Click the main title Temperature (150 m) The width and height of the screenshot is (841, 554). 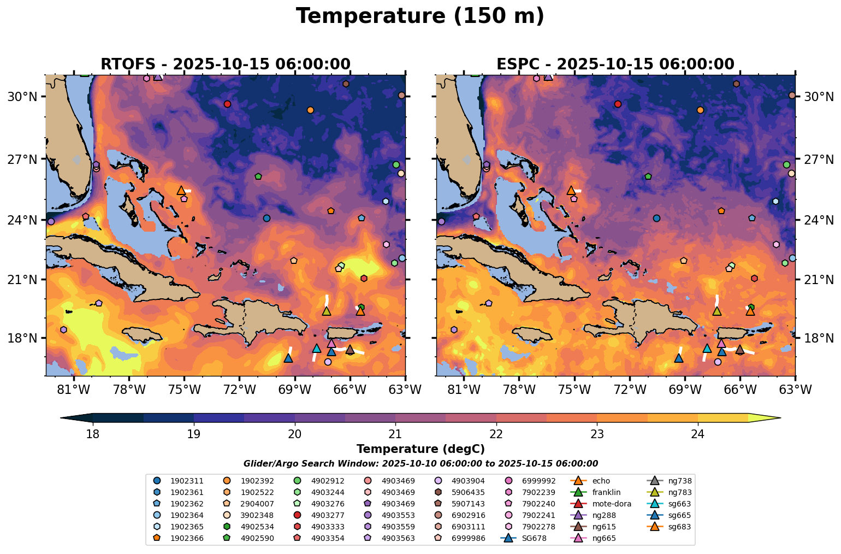[x=420, y=16]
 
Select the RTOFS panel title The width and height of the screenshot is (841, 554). [x=225, y=64]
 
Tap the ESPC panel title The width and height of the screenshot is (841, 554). [x=615, y=64]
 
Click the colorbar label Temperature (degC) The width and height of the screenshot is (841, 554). [x=420, y=449]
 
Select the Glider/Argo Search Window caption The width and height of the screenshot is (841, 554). [x=420, y=464]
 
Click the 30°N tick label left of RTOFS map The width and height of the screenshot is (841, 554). [x=22, y=97]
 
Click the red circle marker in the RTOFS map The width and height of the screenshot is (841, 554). [x=228, y=104]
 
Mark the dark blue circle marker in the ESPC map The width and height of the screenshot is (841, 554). [x=656, y=218]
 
